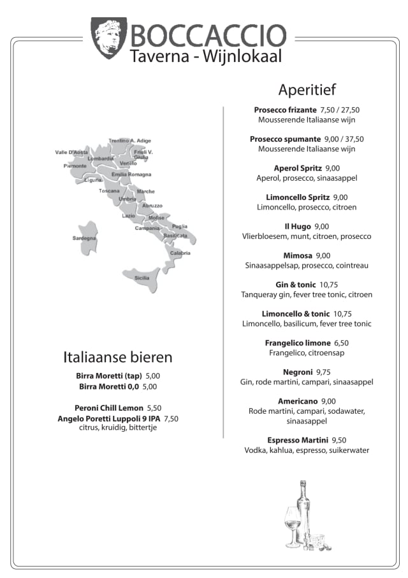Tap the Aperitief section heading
307,89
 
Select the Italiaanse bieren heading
117,356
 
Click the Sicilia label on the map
142,278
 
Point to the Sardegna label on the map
84,238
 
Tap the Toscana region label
109,190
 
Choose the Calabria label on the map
180,253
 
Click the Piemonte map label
75,166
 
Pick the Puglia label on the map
180,226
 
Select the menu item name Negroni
298,372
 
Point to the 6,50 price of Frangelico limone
342,343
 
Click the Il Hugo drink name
297,226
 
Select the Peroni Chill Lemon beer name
109,407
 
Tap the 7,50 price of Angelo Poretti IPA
171,418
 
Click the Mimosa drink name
298,255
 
